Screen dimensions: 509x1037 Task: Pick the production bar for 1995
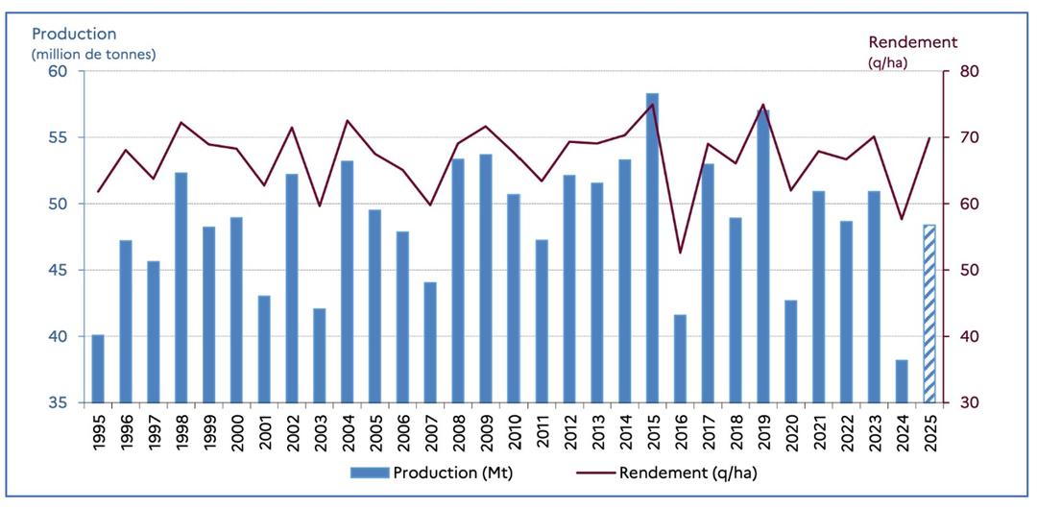click(97, 369)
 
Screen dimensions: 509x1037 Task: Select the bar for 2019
click(763, 255)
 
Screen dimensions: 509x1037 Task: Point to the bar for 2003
click(319, 355)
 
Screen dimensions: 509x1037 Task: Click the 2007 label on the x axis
click(430, 429)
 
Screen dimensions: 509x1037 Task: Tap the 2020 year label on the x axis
click(791, 429)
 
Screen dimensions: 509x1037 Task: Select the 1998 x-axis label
click(181, 429)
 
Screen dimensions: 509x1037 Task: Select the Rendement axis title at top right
click(912, 42)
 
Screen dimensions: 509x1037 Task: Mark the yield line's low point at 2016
click(680, 253)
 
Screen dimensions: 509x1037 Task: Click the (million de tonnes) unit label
click(93, 54)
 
